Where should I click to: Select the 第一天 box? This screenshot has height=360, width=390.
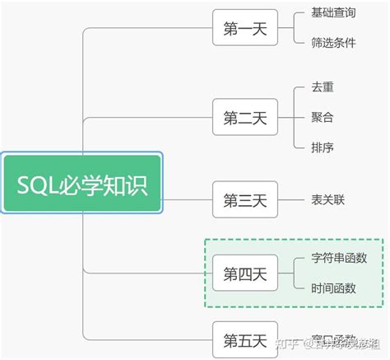pos(245,29)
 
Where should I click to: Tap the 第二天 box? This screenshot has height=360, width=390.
pos(245,117)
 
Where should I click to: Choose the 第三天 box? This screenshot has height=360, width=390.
pos(245,199)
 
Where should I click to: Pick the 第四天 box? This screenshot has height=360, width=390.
pos(245,273)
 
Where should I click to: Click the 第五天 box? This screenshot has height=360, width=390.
pos(245,339)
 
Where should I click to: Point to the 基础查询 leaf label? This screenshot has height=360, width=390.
pos(333,13)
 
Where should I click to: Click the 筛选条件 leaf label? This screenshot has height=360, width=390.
pos(333,43)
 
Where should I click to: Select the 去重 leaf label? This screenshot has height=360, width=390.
pos(323,86)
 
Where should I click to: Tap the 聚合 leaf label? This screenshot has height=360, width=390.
pos(323,117)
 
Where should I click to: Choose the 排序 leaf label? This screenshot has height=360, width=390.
pos(323,147)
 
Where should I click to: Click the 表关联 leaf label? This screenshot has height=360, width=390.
pos(327,199)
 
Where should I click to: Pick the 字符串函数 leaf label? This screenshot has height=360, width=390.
pos(340,258)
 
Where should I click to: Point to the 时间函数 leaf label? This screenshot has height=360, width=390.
pos(333,288)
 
